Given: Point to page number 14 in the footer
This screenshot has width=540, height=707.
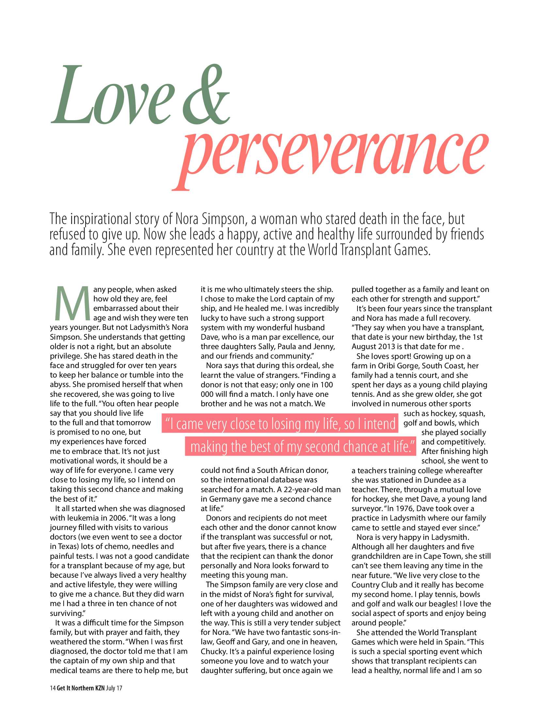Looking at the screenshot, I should tap(53, 688).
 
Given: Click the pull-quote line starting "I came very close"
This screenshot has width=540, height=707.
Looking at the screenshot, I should tap(280, 424).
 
